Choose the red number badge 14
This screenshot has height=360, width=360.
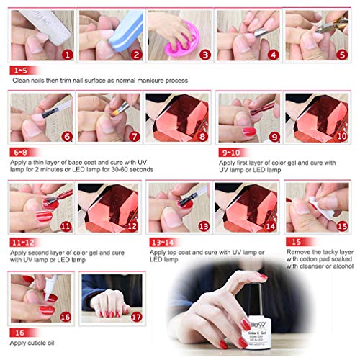point(271,225)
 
